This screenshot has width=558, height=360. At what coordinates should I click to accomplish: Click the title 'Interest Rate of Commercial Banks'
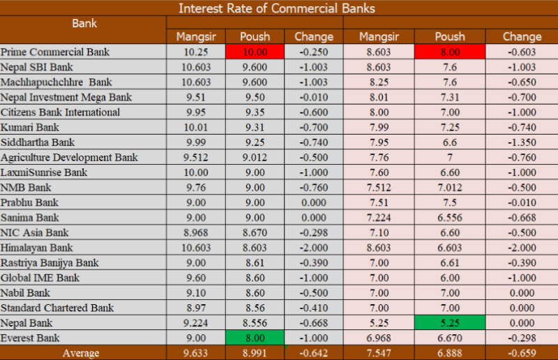pos(276,8)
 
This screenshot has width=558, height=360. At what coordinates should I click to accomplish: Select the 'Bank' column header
pos(84,23)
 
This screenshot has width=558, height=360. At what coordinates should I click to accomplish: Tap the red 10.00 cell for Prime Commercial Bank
pos(254,52)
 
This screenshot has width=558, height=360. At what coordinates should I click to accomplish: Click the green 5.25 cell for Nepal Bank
pos(450,323)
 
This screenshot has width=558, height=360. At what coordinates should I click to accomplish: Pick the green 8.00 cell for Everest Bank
pos(254,338)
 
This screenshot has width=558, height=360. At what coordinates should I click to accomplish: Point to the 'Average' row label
pos(81,353)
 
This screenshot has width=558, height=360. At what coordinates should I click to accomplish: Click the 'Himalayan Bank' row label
pos(37,248)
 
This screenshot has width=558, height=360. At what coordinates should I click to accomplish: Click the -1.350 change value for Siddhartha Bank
pos(522,142)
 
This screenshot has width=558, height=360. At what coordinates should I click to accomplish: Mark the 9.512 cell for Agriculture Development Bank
pos(191,158)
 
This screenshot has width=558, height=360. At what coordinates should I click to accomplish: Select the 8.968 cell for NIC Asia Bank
pos(191,232)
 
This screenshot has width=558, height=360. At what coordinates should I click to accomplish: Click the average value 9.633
pos(191,353)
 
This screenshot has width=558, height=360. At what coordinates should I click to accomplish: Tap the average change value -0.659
pos(522,353)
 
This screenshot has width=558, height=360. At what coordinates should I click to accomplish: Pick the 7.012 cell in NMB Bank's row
pos(450,188)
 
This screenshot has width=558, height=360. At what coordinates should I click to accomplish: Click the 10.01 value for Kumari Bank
pos(191,128)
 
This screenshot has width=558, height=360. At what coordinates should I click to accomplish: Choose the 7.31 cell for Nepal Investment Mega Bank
pos(450,98)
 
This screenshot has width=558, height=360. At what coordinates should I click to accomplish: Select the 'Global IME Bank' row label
pos(40,278)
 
